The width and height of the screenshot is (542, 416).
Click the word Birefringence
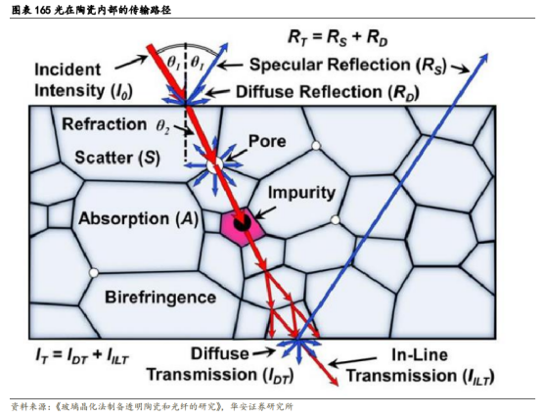(160, 298)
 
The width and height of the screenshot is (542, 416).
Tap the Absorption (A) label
(139, 219)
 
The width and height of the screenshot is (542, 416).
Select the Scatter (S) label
(117, 158)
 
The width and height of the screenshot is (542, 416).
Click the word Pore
(267, 141)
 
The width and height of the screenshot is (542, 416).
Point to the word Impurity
(301, 193)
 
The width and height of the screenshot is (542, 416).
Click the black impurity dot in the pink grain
(242, 223)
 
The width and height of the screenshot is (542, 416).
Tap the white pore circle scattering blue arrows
(214, 165)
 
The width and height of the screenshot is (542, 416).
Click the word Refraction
(104, 124)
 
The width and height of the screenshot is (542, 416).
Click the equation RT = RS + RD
(338, 37)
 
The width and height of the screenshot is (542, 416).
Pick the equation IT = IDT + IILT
(81, 356)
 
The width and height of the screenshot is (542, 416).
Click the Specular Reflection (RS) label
(348, 65)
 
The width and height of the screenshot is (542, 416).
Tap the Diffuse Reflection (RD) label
(328, 92)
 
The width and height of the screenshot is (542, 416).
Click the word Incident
(68, 69)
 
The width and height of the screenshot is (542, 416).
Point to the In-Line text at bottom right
(420, 354)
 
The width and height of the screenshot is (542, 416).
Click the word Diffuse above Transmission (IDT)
(220, 353)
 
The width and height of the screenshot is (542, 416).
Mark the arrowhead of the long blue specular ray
(484, 58)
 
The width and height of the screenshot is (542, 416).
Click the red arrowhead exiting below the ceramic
(334, 380)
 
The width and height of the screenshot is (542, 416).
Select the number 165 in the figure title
(42, 11)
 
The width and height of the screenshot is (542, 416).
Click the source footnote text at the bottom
(152, 406)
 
